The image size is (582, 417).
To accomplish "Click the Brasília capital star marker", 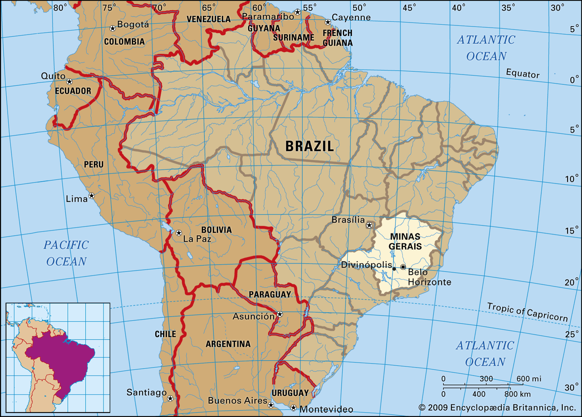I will [369, 225].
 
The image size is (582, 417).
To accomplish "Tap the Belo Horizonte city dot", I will [403, 267].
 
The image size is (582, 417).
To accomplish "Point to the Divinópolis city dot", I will [394, 269].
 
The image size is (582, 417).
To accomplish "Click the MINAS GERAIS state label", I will [405, 241].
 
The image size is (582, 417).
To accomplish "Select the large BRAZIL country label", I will [309, 146].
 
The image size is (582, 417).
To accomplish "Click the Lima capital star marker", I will [92, 196].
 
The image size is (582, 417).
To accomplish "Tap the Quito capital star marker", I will [69, 82].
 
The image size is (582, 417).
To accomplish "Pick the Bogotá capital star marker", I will [113, 28].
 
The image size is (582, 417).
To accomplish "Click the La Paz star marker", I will [179, 233].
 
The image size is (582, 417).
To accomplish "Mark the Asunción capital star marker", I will [280, 314].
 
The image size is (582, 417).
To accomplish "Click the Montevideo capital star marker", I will [294, 408].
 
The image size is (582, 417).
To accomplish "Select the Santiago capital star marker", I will [170, 398].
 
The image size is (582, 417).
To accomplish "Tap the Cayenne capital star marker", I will [328, 22].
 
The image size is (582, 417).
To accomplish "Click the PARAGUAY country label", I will [270, 294].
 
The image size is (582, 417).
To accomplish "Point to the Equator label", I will [523, 74].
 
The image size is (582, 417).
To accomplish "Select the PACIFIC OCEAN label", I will [66, 253].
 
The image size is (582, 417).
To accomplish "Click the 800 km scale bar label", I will [517, 394].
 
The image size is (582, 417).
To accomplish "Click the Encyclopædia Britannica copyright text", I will [497, 408].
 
